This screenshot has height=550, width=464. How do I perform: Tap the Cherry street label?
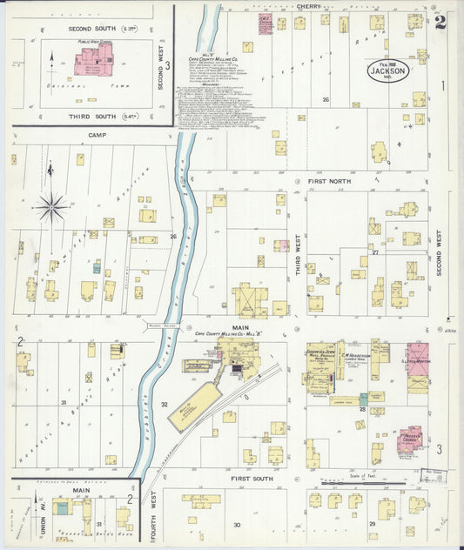(307, 6)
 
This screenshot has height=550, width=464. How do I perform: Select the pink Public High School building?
(93, 60)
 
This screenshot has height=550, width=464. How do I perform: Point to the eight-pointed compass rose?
(50, 206)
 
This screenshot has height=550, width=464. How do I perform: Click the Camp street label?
(96, 136)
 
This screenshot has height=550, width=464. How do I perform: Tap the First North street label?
(327, 181)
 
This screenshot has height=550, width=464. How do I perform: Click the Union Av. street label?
(20, 513)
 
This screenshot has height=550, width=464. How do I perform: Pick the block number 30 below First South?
(236, 525)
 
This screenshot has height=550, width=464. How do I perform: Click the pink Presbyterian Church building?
(409, 439)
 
